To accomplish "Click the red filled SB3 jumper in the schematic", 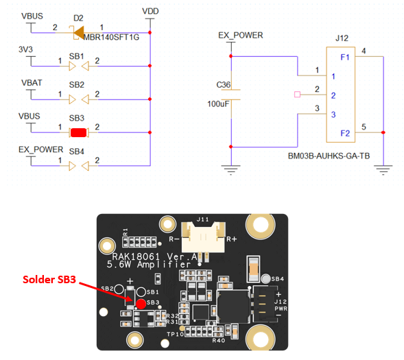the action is [78, 132].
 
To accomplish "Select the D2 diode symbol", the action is [79, 33].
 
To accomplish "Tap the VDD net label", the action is [150, 12].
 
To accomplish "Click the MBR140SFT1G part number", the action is [111, 37].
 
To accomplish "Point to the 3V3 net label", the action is [25, 49].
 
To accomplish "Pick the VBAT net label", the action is [32, 83].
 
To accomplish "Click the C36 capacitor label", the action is [224, 85].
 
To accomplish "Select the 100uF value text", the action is [218, 104].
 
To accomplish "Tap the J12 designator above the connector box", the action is [342, 38].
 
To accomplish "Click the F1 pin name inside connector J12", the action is [345, 57].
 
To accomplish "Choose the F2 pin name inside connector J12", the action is [345, 133].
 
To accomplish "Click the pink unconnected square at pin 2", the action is [297, 95].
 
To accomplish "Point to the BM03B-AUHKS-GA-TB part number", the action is [329, 156].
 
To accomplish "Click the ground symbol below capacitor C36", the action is [231, 169].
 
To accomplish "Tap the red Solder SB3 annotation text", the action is [49, 279].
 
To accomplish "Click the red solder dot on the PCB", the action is [141, 304].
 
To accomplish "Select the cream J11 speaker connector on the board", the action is [203, 237].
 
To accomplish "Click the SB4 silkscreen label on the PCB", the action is [278, 279].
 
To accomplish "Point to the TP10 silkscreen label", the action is [175, 334].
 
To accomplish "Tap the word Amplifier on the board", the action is [164, 265].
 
